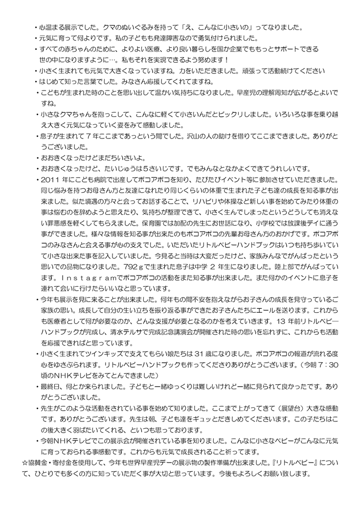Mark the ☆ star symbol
point(25,463)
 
